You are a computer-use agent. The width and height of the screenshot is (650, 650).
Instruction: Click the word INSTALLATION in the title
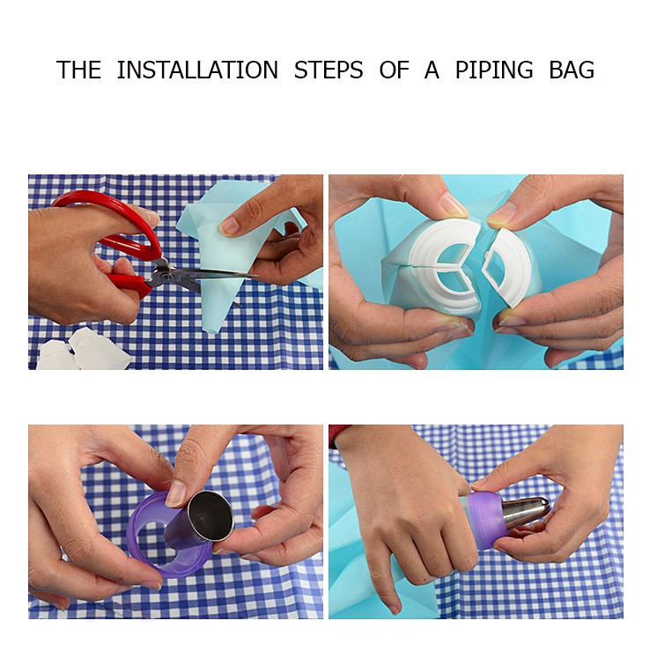tap(197, 70)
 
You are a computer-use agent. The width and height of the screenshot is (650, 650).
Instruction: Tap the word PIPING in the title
tap(494, 70)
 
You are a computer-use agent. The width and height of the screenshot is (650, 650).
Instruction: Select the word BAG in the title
tap(572, 70)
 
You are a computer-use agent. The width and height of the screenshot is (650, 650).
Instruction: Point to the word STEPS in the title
tap(329, 70)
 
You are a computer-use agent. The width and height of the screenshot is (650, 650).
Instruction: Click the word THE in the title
tap(78, 70)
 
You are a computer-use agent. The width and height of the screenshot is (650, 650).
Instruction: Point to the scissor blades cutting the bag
tap(207, 277)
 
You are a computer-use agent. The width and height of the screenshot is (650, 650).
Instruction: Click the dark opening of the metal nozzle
tap(211, 515)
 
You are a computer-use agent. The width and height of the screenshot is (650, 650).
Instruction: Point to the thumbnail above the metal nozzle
tap(177, 494)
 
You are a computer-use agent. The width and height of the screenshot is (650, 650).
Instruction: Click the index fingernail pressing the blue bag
tap(230, 226)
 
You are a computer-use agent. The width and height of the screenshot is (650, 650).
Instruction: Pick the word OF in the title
tap(394, 70)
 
